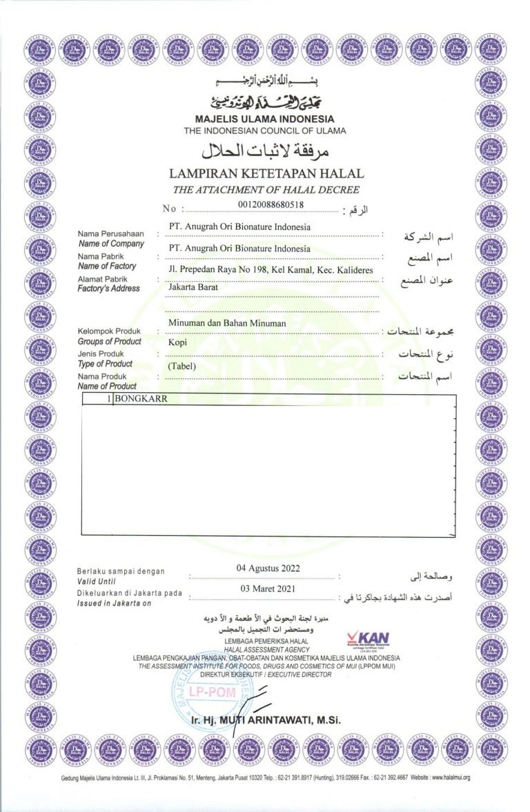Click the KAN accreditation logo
[371, 639]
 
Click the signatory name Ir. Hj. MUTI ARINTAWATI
[266, 721]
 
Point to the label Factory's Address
[109, 289]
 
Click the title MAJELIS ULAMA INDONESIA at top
[265, 119]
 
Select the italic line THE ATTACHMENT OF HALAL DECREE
[266, 190]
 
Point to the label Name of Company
[111, 244]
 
